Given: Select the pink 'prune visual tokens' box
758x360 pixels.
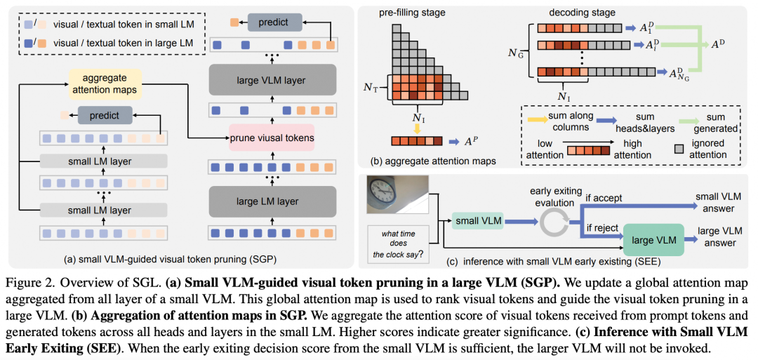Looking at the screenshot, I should coord(271,137).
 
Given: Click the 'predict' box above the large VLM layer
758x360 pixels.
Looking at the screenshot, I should coord(273,23).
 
